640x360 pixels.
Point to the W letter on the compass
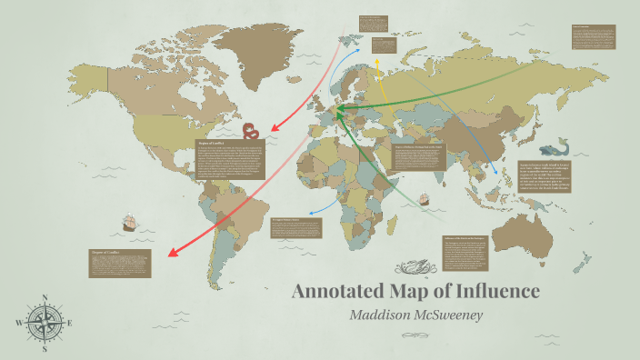[x=18, y=323]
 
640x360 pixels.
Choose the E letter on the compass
[x=71, y=323]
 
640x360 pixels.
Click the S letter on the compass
[x=45, y=349]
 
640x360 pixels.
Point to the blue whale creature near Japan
[x=551, y=147]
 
